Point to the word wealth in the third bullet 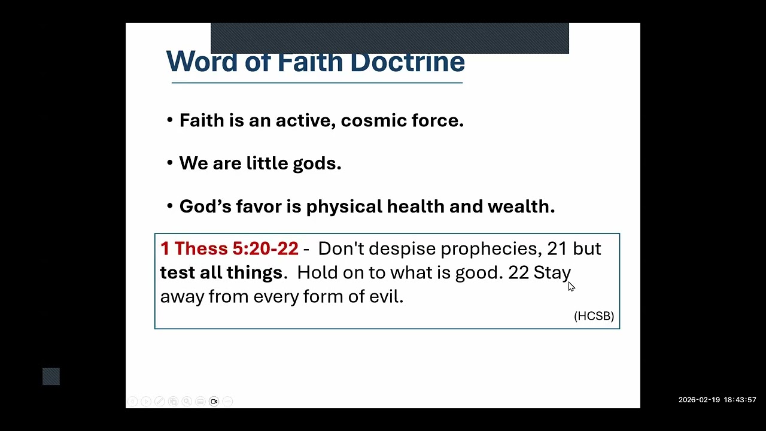pyautogui.click(x=521, y=207)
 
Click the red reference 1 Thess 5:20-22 pyautogui.click(x=229, y=248)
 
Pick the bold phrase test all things pyautogui.click(x=221, y=273)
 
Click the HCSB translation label pyautogui.click(x=594, y=316)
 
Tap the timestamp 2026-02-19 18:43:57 pyautogui.click(x=717, y=400)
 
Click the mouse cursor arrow pyautogui.click(x=571, y=286)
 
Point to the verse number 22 pyautogui.click(x=518, y=273)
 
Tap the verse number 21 pyautogui.click(x=557, y=249)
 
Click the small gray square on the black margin pyautogui.click(x=51, y=377)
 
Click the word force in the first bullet pyautogui.click(x=437, y=120)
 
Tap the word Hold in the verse pyautogui.click(x=315, y=273)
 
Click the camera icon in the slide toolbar pyautogui.click(x=214, y=401)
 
